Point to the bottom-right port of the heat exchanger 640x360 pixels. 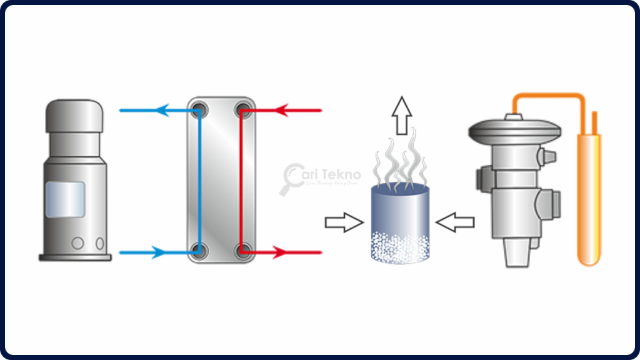click(x=242, y=252)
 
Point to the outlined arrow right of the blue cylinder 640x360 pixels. click(x=455, y=221)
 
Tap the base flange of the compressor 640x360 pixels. click(x=75, y=256)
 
